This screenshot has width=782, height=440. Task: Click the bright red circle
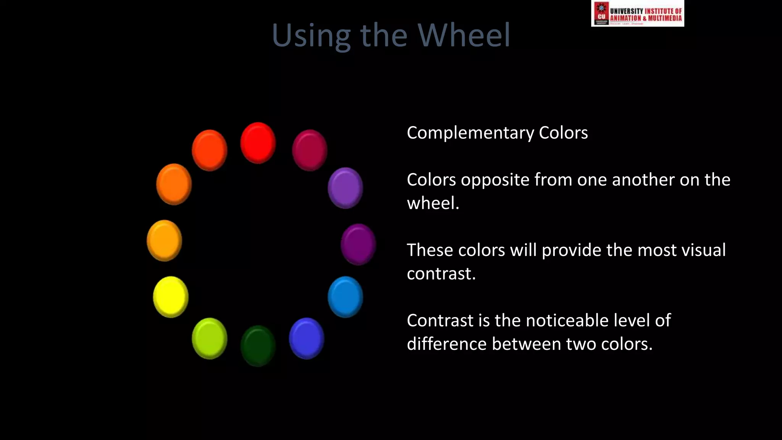click(x=258, y=143)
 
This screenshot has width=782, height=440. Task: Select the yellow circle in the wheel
click(x=171, y=297)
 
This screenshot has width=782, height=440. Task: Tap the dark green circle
click(x=258, y=346)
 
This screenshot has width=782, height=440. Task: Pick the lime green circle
click(x=210, y=338)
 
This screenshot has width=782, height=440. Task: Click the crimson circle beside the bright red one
click(x=310, y=150)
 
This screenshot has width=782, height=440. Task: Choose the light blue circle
click(x=345, y=297)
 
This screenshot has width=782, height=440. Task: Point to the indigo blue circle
click(x=307, y=338)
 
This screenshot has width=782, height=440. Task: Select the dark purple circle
click(x=358, y=244)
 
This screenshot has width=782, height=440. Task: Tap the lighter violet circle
click(x=345, y=188)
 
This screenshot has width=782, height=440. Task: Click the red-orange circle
click(x=210, y=150)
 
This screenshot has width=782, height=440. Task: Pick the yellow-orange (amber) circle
click(x=165, y=241)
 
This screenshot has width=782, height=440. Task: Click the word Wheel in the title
click(x=464, y=35)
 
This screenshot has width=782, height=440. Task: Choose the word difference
click(x=446, y=344)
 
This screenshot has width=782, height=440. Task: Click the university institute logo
click(x=637, y=13)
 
